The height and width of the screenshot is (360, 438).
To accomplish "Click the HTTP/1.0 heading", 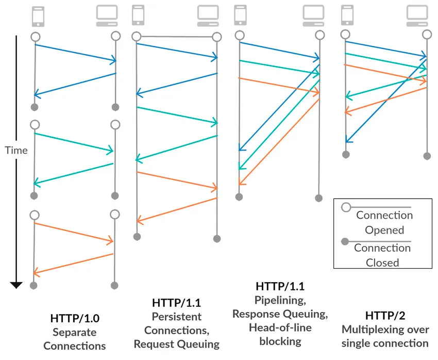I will coord(78,318).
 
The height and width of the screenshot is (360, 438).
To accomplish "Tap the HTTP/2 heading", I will coord(384,315).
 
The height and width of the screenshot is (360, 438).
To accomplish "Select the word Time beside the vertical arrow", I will coord(16,151).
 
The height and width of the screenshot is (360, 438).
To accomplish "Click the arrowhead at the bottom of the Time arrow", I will coord(16,284).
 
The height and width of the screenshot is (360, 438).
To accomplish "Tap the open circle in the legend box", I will coord(347,207).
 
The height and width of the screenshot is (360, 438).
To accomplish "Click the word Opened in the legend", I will coord(384,230).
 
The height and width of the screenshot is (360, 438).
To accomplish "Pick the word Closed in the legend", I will coord(382,263).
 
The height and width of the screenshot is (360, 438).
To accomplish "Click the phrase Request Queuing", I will coord(177,343).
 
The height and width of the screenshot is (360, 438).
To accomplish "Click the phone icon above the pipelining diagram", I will coord(240,15).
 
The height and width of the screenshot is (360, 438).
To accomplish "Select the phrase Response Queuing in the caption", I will coord(279,314).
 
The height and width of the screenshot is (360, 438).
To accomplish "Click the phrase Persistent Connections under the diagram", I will coord(177,323).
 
